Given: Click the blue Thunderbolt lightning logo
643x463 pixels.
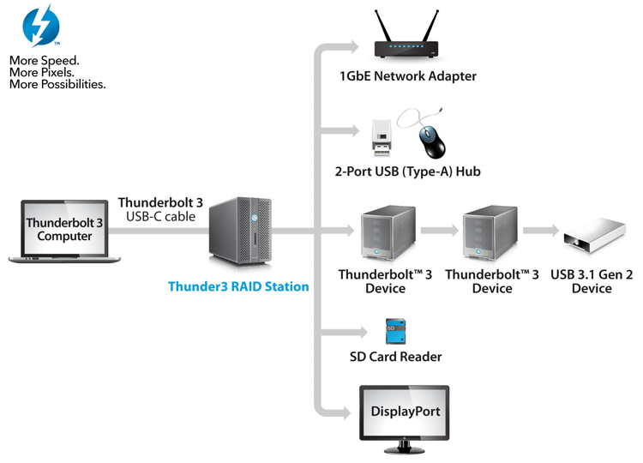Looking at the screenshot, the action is (41, 26).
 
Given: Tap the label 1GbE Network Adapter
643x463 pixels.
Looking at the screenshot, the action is (408, 76).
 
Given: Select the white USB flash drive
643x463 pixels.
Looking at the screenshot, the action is (382, 138).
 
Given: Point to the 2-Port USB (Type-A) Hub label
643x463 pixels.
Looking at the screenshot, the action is (407, 171).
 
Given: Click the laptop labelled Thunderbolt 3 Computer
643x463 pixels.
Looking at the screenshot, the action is (64, 231).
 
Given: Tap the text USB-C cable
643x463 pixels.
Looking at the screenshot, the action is (161, 217).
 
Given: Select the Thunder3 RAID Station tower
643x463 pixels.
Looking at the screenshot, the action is (240, 231).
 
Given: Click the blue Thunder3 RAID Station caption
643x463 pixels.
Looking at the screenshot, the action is (238, 286).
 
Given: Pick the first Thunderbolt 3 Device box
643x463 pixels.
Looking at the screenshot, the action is (388, 232).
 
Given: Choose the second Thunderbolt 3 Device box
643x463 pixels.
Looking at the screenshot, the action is (490, 232).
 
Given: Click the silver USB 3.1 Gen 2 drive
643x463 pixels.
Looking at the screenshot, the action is (594, 236).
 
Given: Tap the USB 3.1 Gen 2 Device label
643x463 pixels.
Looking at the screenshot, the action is (592, 281).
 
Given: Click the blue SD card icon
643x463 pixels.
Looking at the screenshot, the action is (396, 331).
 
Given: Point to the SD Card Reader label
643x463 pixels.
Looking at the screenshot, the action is (396, 357).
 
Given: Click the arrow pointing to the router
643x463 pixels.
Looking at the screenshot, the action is (336, 47).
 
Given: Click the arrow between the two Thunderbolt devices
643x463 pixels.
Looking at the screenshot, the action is (440, 230).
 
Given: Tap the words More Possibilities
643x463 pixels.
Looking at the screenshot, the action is (57, 85).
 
